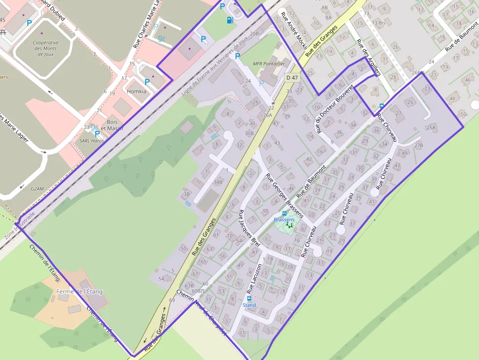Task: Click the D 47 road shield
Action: [x=292, y=78]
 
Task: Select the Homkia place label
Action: [x=136, y=91]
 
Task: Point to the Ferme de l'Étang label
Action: [x=80, y=292]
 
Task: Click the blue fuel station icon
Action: [x=230, y=20]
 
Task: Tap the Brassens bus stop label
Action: [x=284, y=220]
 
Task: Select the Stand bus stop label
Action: [x=249, y=305]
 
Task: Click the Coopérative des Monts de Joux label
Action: [x=45, y=48]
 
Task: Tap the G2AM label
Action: [x=37, y=188]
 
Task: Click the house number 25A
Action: [x=431, y=127]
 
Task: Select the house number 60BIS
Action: [x=197, y=291]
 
